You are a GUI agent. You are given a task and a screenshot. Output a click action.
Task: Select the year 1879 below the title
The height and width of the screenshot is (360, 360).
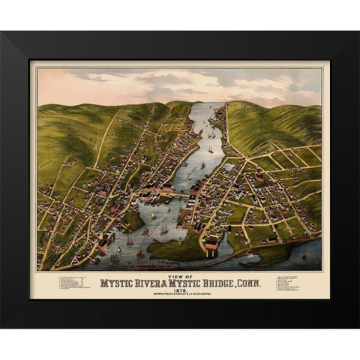pos(180,289)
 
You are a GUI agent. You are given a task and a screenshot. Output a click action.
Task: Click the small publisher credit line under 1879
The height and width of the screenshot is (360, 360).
pos(180,294)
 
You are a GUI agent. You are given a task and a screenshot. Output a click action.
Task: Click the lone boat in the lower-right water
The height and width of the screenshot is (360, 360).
pos(303,256)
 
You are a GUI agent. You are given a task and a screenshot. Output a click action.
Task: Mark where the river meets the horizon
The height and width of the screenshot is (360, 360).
pos(211,104)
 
